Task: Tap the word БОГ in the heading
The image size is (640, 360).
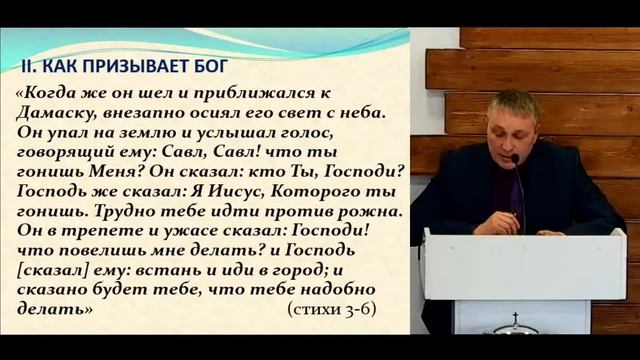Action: click(x=208, y=67)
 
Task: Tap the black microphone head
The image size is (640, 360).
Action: click(x=514, y=159)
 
